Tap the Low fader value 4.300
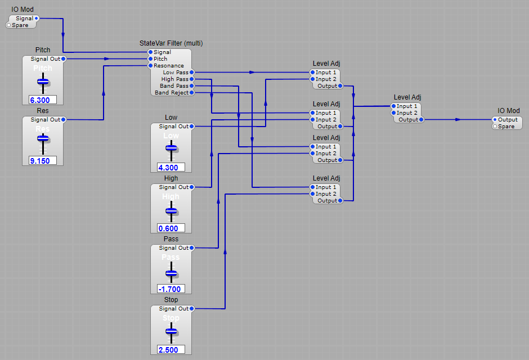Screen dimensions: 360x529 (x=171, y=168)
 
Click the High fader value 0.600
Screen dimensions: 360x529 (x=171, y=228)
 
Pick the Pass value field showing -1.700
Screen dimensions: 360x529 (x=171, y=289)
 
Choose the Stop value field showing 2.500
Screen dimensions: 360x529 (x=171, y=350)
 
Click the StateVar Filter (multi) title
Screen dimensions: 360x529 (x=171, y=43)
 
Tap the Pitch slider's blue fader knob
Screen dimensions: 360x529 (x=43, y=82)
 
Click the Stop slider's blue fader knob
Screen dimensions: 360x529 (x=171, y=332)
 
